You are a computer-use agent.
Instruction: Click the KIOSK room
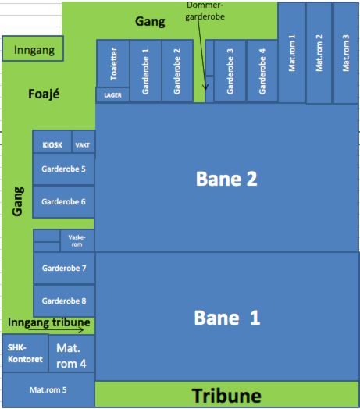52,141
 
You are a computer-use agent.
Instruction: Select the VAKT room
84,141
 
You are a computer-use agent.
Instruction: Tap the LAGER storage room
112,94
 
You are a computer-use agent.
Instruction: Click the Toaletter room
113,63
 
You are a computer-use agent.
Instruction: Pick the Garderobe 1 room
146,70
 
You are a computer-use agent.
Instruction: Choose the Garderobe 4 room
262,70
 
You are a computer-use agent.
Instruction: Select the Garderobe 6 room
63,201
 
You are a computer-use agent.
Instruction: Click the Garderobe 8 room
64,301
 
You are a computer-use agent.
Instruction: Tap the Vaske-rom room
77,240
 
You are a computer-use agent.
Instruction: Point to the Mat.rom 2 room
319,53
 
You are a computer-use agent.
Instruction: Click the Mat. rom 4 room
71,354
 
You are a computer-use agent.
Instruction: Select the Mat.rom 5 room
48,389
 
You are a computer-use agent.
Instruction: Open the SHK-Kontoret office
25,353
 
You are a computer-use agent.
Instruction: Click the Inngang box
33,48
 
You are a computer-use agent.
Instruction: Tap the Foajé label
44,94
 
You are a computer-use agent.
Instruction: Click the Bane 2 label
226,179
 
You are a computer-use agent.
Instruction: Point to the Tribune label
226,396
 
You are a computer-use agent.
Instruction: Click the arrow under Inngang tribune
56,330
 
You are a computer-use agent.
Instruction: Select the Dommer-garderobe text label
205,11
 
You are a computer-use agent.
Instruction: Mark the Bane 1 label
227,318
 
